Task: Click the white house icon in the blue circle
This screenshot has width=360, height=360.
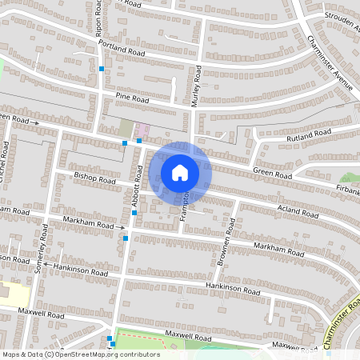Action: tap(180, 172)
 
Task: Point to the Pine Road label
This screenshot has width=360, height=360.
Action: tap(132, 98)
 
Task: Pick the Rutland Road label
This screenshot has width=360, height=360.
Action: tap(309, 134)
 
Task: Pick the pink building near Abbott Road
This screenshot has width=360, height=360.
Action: tap(142, 129)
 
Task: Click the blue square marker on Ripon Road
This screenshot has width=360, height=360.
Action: tap(102, 70)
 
